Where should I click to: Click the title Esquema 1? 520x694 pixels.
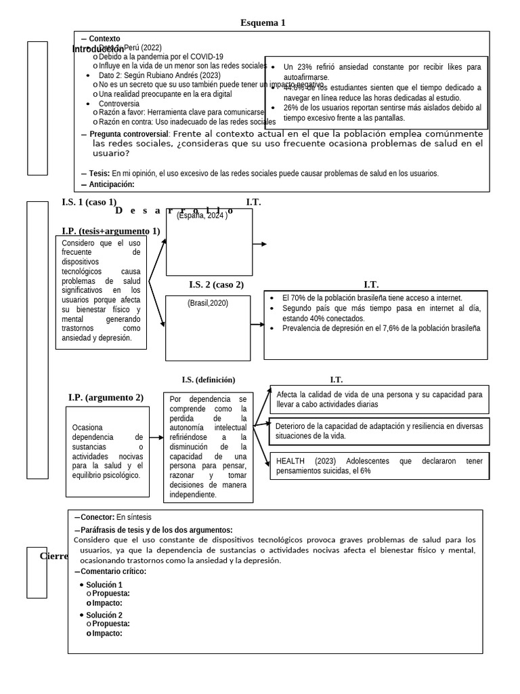[263, 23]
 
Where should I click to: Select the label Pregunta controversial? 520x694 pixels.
[128, 134]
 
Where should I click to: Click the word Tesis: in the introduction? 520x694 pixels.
[100, 173]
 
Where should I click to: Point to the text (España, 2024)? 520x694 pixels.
[202, 216]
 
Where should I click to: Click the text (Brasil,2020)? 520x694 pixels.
[208, 303]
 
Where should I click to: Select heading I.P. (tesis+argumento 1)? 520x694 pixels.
[110, 231]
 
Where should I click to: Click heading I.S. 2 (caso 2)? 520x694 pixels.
[216, 285]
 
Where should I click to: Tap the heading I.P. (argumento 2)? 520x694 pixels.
[106, 397]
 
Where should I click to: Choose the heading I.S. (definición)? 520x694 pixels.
[209, 380]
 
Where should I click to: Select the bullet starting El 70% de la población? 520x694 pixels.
[372, 298]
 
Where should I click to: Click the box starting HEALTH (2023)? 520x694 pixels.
[379, 466]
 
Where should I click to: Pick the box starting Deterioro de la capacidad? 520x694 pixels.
[379, 431]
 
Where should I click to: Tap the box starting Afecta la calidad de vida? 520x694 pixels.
[379, 399]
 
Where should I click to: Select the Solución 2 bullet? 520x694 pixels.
[104, 615]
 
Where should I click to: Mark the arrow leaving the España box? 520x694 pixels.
[260, 244]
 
